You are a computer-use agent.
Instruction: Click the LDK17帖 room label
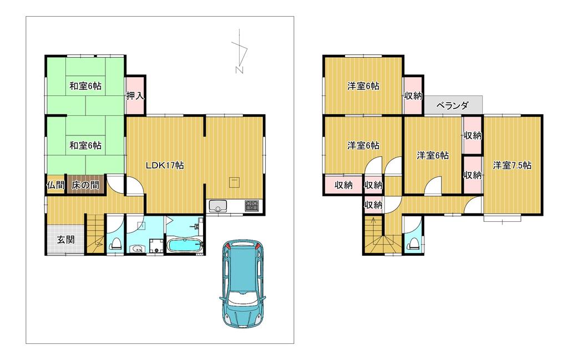(165, 165)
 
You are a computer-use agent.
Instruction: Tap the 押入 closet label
(135, 96)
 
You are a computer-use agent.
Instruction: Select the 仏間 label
(56, 185)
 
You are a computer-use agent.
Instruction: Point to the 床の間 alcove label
(85, 185)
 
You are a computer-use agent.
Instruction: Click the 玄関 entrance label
(66, 240)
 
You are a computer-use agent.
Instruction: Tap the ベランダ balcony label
(453, 105)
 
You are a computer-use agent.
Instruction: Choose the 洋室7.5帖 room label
(512, 165)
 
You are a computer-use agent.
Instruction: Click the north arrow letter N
(239, 70)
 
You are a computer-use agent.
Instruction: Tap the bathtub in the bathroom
(185, 245)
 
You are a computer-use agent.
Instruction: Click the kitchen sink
(218, 206)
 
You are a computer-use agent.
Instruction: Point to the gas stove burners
(252, 206)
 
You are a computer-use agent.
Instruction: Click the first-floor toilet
(116, 244)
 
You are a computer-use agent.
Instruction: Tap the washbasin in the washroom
(137, 249)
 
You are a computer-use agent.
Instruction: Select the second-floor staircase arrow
(373, 225)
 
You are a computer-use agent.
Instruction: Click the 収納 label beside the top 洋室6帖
(413, 96)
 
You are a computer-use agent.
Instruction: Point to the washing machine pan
(157, 245)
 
